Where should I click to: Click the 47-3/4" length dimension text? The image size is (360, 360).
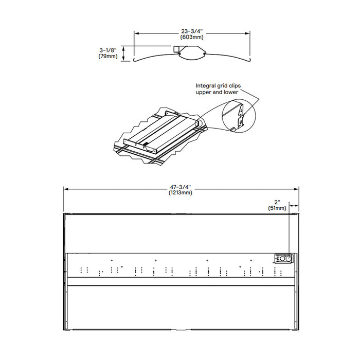pyautogui.click(x=180, y=186)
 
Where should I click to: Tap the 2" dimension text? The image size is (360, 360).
pyautogui.click(x=277, y=202)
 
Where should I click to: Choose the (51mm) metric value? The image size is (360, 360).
pyautogui.click(x=277, y=208)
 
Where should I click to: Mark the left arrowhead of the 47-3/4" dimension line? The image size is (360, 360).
pyautogui.click(x=65, y=189)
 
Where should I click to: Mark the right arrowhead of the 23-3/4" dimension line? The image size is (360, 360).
pyautogui.click(x=249, y=34)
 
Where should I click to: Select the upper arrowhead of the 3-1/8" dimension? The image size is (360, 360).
pyautogui.click(x=123, y=47)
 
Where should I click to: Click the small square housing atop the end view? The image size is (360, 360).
pyautogui.click(x=178, y=49)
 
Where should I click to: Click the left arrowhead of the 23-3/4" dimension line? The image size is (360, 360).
pyautogui.click(x=136, y=34)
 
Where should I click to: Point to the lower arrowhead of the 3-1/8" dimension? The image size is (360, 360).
pyautogui.click(x=123, y=60)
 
